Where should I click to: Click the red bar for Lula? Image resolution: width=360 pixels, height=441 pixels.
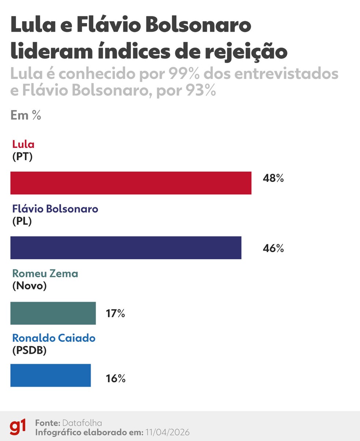131,183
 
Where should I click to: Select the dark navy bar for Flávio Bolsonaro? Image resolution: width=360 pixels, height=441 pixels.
125,248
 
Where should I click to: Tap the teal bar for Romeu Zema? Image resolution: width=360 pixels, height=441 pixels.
53,313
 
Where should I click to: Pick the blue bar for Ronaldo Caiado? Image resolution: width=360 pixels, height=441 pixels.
50,375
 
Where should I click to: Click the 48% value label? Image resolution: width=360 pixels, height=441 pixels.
273,179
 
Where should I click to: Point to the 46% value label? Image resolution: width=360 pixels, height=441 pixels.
273,248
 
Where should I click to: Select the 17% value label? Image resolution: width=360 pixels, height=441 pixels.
115,313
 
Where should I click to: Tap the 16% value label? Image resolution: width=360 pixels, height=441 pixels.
115,378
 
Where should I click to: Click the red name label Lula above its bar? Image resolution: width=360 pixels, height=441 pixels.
23,144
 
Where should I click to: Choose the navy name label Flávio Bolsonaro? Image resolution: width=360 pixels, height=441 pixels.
55,209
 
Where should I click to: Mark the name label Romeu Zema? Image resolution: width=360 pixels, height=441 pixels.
45,274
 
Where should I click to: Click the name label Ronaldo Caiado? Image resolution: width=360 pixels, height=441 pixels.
54,338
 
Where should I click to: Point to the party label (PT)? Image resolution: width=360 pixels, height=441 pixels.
22,157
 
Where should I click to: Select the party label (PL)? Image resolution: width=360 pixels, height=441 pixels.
22,221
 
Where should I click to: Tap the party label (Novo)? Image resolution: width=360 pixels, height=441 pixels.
30,286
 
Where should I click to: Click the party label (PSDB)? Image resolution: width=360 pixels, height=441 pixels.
29,350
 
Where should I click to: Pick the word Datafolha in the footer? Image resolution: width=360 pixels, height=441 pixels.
82,423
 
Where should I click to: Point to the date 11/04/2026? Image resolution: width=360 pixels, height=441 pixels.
167,432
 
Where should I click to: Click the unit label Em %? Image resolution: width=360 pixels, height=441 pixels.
26,115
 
